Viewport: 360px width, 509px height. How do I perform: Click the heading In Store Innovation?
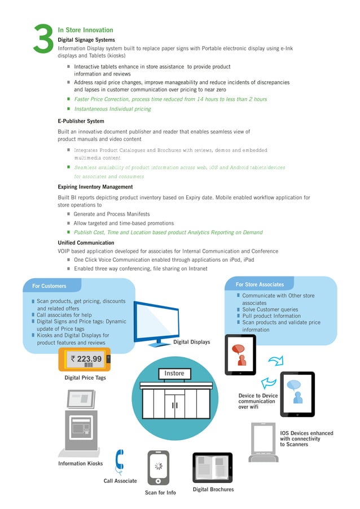[85, 30]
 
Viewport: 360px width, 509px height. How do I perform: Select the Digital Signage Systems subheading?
[86, 40]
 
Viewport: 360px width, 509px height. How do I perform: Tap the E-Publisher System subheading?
[81, 121]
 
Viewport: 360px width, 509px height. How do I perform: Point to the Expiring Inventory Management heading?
[95, 187]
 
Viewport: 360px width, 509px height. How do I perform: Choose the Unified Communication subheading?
[86, 243]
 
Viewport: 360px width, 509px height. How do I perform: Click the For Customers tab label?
[49, 286]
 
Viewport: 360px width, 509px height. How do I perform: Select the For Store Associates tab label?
[260, 284]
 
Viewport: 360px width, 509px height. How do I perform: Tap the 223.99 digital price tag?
[85, 359]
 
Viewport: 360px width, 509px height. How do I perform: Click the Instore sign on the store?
[174, 373]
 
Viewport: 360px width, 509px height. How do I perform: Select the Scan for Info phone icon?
[159, 468]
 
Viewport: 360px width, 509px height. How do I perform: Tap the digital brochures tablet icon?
[212, 467]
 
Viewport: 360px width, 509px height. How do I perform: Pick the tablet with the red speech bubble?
[240, 355]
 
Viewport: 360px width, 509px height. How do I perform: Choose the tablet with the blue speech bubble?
[297, 393]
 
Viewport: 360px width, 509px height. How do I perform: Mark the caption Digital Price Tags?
[85, 378]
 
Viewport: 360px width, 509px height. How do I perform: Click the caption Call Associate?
[120, 481]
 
